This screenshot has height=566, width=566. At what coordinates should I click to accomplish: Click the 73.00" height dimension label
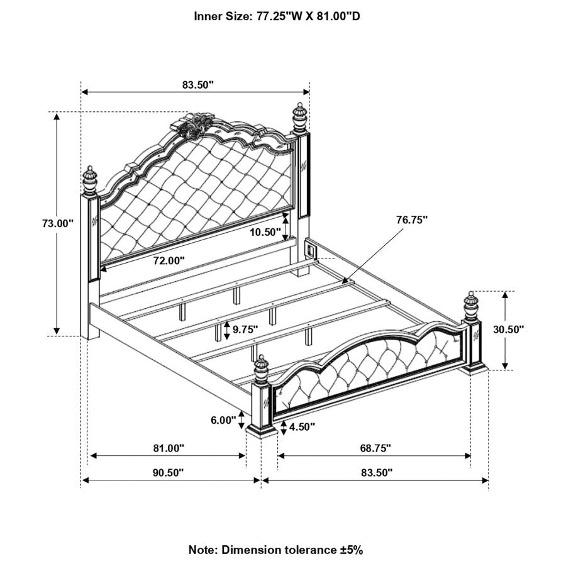click(x=58, y=223)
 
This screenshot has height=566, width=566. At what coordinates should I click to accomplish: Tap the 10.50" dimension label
click(x=265, y=232)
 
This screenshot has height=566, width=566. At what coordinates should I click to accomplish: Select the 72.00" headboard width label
click(x=169, y=260)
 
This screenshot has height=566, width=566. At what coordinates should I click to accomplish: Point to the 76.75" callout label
click(x=412, y=219)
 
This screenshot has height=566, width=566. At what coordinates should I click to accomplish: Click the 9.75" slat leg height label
click(x=245, y=329)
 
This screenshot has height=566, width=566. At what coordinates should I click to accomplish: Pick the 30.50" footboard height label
click(x=509, y=329)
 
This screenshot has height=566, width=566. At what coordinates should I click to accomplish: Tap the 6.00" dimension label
click(x=223, y=420)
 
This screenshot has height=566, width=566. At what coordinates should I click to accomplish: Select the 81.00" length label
click(x=169, y=448)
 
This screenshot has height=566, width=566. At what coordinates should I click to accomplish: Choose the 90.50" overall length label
click(x=168, y=472)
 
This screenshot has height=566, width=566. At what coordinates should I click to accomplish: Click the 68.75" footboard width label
click(x=375, y=448)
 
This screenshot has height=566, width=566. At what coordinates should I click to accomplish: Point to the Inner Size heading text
click(x=277, y=16)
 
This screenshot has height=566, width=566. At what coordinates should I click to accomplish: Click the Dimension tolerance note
click(x=276, y=550)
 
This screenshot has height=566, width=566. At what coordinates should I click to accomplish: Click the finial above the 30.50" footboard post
click(x=470, y=306)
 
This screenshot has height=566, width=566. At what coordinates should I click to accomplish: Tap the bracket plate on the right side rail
click(x=311, y=249)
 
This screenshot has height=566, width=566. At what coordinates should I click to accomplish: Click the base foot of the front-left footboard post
click(x=262, y=431)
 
